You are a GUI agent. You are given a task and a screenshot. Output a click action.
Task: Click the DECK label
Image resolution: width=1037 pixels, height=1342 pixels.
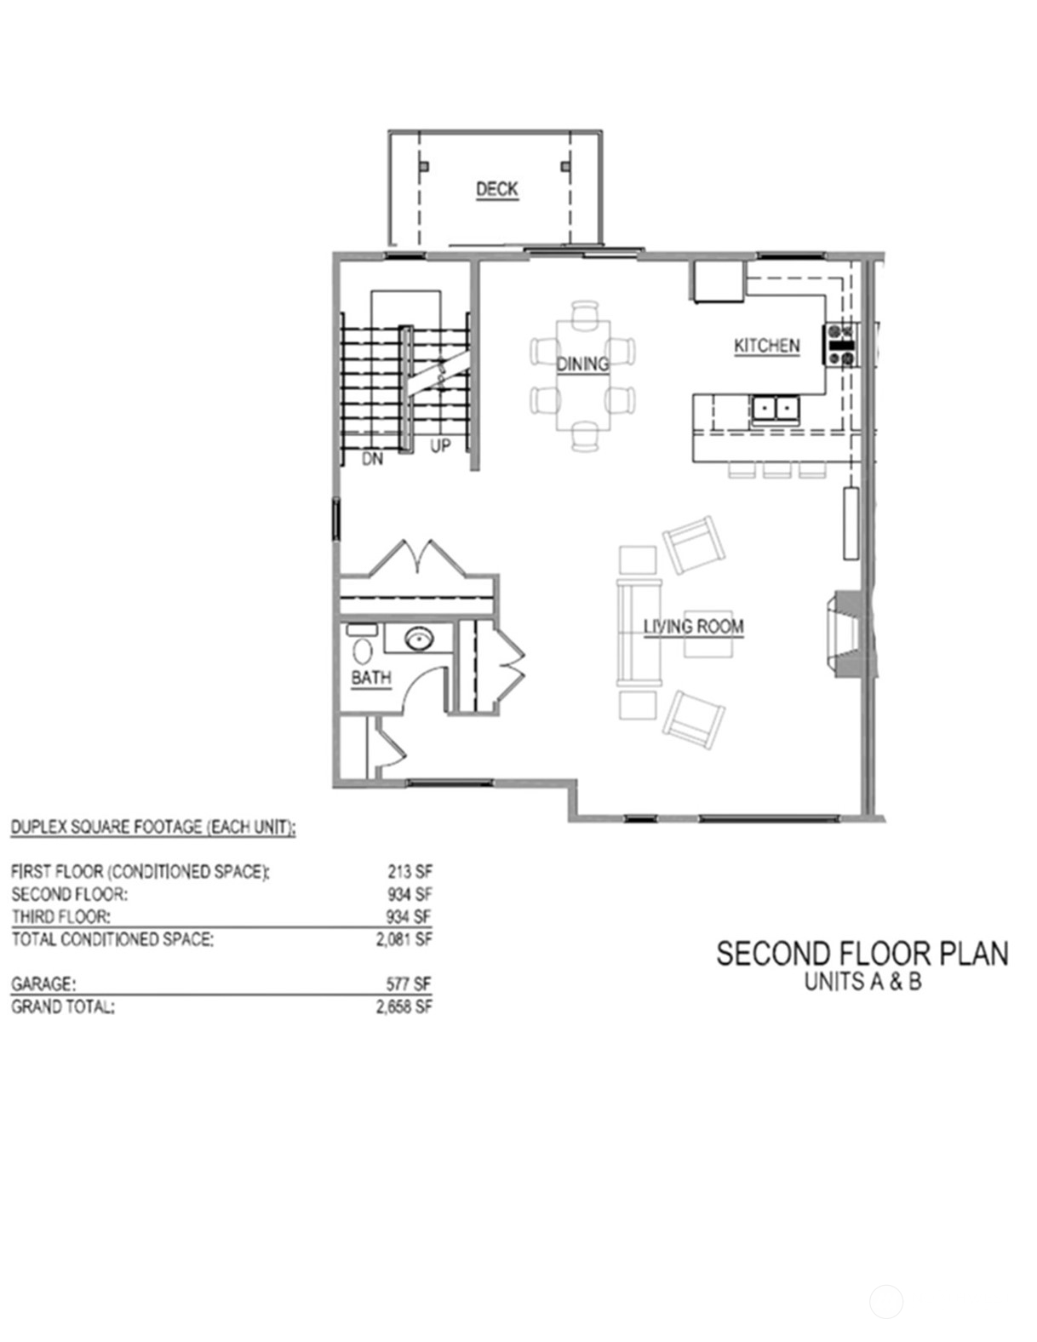point(496,189)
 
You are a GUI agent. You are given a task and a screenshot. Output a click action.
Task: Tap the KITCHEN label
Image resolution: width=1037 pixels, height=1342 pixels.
point(766,346)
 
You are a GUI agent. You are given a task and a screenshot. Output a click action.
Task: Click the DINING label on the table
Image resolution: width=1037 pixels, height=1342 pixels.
point(582,364)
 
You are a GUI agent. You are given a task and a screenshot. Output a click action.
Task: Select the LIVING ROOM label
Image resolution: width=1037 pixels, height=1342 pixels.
point(693,627)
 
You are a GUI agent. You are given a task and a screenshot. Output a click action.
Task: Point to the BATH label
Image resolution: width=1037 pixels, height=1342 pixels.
point(371,678)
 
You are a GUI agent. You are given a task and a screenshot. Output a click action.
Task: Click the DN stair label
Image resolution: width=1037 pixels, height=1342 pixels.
point(372,459)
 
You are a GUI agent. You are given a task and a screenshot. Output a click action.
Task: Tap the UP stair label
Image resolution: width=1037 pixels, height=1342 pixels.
point(439,446)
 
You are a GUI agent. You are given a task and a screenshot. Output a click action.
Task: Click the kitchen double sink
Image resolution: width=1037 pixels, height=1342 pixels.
point(775,410)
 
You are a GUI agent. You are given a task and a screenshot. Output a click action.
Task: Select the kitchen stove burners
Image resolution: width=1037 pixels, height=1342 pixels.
point(840,345)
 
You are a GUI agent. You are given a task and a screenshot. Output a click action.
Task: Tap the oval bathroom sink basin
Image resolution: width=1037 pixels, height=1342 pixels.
point(418,638)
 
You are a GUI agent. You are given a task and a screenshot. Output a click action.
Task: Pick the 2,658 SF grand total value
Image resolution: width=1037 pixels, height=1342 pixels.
point(404,1006)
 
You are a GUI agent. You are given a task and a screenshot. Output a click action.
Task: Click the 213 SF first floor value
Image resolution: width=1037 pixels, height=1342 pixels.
point(410,872)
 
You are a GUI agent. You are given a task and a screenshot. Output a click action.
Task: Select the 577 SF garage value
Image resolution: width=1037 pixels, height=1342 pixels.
point(409,984)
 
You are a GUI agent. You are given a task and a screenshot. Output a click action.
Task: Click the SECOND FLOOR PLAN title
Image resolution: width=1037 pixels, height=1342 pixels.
point(862,954)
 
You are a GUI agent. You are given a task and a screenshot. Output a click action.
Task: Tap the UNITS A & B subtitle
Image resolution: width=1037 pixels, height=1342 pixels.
point(862,982)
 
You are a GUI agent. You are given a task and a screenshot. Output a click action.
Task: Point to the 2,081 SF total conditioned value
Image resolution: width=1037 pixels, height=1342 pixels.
point(404,939)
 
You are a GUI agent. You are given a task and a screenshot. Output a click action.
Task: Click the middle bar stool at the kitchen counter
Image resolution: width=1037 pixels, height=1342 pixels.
point(776,469)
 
